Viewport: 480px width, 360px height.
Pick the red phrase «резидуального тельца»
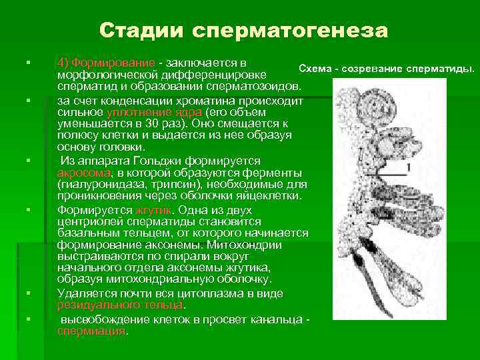tap(120, 303)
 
